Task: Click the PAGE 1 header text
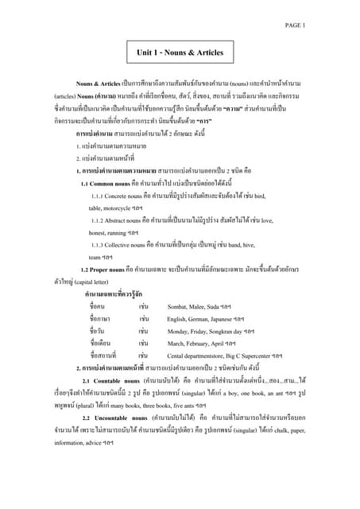pyautogui.click(x=295, y=25)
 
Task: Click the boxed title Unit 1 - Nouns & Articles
pyautogui.click(x=180, y=52)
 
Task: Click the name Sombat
pyautogui.click(x=180, y=306)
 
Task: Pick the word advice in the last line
pyautogui.click(x=103, y=442)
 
